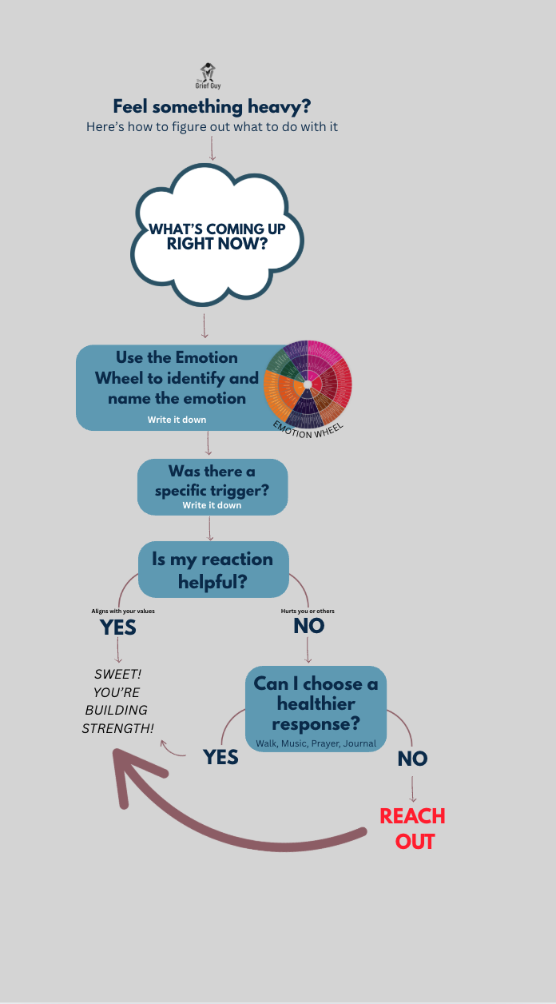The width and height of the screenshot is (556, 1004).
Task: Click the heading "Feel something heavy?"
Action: tap(211, 106)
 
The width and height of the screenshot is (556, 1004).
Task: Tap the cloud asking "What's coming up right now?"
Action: tap(216, 236)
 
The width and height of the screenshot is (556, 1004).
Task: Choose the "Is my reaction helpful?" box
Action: tap(213, 569)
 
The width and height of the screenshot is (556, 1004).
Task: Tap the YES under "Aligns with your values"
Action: tap(118, 627)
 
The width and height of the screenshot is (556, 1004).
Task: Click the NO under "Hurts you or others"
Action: tap(308, 626)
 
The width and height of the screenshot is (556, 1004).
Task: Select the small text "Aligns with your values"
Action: tap(123, 612)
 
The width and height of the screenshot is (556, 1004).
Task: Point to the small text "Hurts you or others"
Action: tap(308, 612)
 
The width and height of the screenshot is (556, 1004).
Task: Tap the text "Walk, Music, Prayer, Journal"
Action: tap(316, 743)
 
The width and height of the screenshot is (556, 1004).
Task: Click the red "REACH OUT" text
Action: tap(413, 828)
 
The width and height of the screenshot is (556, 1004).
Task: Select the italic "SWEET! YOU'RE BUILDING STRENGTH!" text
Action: tap(118, 701)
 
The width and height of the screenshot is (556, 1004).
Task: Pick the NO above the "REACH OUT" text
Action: tap(412, 759)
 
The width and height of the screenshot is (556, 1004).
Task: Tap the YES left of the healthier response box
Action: tap(221, 756)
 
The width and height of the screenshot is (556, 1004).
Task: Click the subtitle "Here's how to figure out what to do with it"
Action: tap(212, 127)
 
